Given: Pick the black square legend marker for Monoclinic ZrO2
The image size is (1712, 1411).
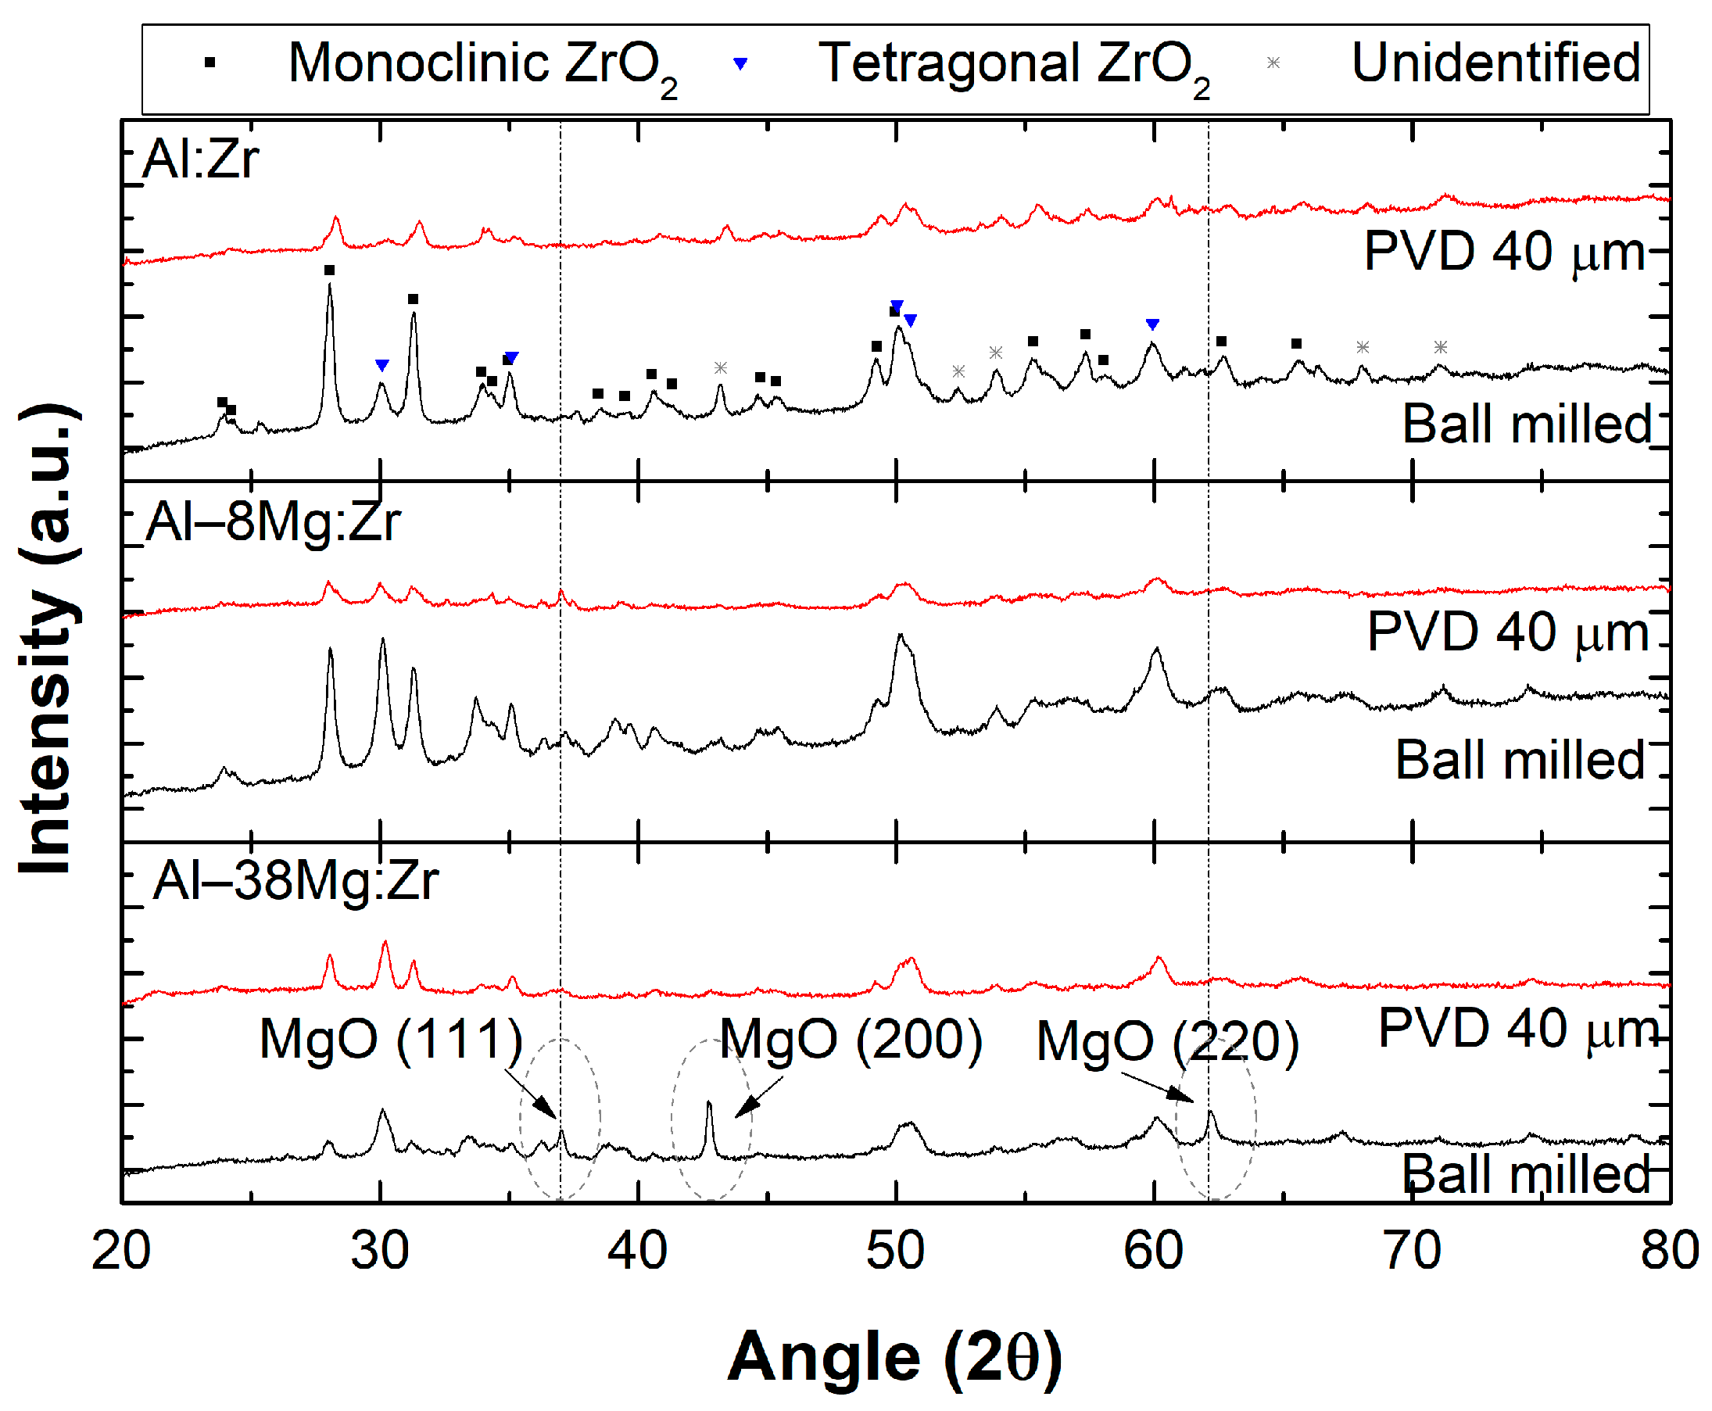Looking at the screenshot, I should (x=210, y=63).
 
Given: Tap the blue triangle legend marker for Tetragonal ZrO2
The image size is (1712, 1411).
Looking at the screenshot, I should (x=739, y=63).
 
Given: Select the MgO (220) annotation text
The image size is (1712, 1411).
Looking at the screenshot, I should (x=1166, y=1041).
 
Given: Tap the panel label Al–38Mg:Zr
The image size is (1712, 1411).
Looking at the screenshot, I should (x=295, y=880).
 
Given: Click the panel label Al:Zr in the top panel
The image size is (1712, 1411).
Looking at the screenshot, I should (x=200, y=159).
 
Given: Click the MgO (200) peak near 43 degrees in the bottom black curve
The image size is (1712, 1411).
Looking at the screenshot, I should (x=709, y=1105).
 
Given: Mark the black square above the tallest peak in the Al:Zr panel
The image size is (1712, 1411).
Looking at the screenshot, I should (x=329, y=270).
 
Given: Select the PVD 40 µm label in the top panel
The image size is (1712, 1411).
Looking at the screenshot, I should (x=1503, y=251).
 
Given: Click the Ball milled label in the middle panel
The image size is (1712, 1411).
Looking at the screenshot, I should (x=1519, y=760).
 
